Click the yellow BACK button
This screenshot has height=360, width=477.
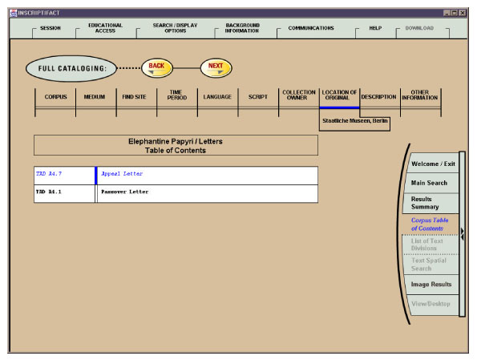coord(156,68)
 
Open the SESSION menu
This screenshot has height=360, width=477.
coord(50,28)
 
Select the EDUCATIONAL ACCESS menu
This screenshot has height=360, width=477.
coord(105,28)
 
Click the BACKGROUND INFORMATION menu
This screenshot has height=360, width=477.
coord(242,28)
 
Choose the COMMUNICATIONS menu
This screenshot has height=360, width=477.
coord(311,28)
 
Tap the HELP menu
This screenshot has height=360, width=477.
coord(375,28)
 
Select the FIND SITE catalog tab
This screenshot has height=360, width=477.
coord(134,97)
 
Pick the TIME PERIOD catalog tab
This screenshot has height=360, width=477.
coord(177,97)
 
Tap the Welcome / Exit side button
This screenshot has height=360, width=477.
coord(433,164)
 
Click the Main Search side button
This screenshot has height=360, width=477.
coord(429,184)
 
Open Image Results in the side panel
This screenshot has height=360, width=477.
coord(431,284)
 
